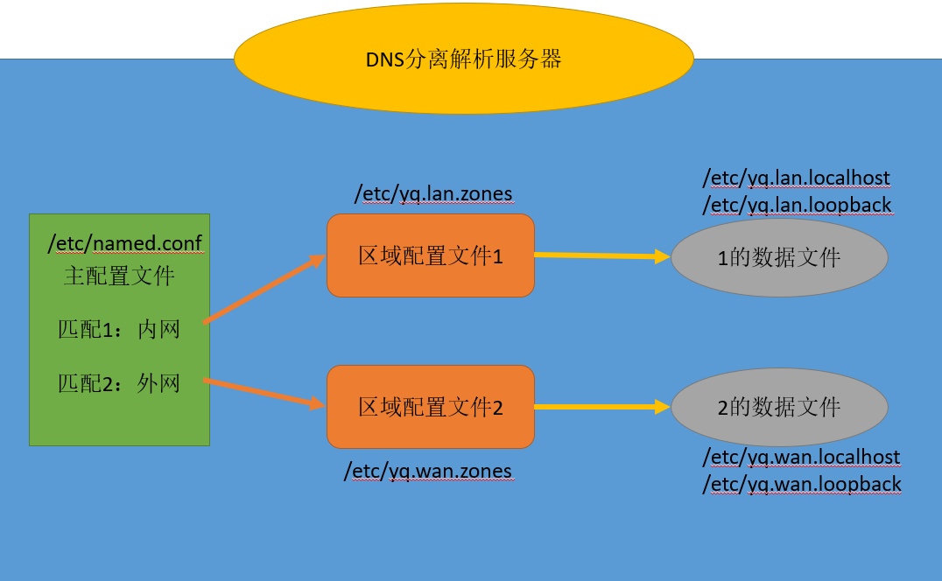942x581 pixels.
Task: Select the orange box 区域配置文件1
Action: (x=430, y=255)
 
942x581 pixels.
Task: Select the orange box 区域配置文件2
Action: (x=430, y=407)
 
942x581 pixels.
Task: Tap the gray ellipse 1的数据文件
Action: (x=779, y=257)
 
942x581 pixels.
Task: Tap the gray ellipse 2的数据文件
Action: (x=779, y=407)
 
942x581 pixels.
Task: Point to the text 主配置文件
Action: (x=119, y=276)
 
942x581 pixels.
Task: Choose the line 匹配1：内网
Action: (x=119, y=329)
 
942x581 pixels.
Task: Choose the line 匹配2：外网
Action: (x=119, y=383)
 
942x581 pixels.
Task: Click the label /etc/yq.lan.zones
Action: (x=432, y=193)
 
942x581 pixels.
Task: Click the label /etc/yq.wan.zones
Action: (x=427, y=472)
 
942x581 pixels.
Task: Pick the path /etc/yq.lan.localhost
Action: (x=796, y=178)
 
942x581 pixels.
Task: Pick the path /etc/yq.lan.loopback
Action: (x=797, y=206)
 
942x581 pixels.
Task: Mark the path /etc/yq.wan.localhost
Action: (x=801, y=457)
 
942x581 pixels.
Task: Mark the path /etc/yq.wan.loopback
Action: (x=802, y=484)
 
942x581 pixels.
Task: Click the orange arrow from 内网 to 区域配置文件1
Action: (x=263, y=290)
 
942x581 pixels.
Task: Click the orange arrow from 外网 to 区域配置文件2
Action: (x=263, y=392)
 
